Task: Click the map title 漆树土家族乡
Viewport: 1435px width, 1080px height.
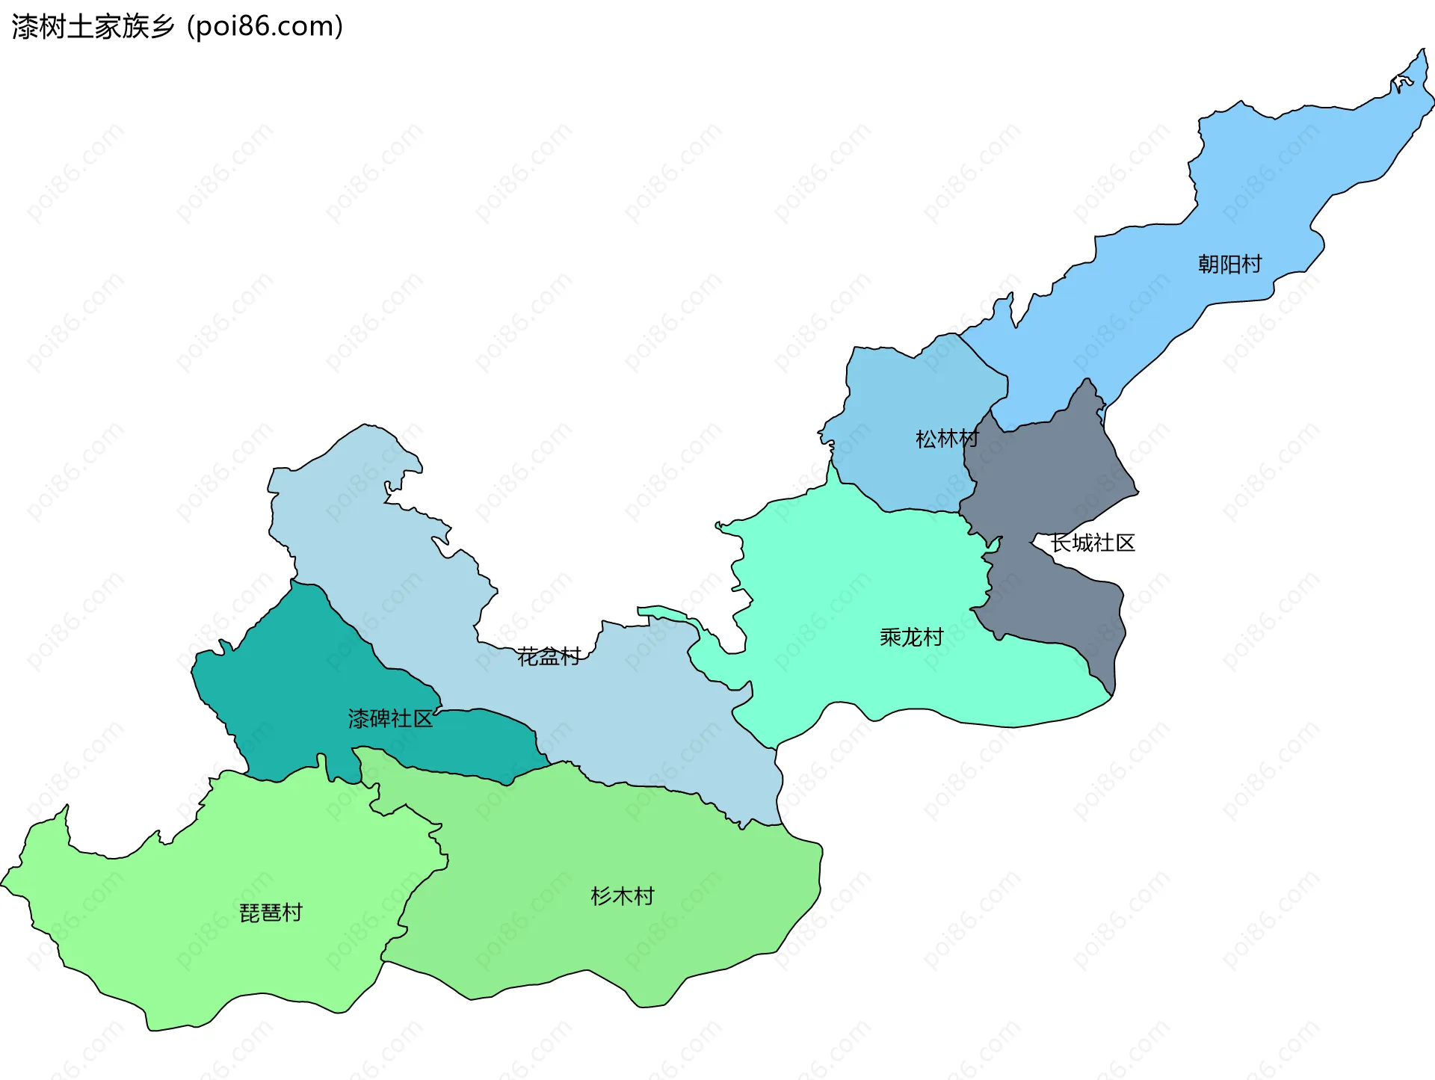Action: coord(93,26)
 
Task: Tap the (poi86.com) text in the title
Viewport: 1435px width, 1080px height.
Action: coord(265,26)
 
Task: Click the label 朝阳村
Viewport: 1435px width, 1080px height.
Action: coord(1229,264)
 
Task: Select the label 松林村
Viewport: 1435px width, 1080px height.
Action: coord(947,439)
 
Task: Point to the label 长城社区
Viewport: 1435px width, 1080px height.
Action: coord(1093,543)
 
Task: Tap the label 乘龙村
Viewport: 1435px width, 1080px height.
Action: coord(911,638)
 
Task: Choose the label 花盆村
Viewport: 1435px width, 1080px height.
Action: coord(549,657)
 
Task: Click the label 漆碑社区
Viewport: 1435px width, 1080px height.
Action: coord(390,719)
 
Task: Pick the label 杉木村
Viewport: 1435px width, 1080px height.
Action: coord(622,896)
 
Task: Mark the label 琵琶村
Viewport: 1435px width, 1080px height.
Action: coord(271,913)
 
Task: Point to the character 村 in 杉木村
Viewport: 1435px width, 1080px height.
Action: coord(644,896)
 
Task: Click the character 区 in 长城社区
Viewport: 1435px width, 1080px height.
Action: coord(1125,543)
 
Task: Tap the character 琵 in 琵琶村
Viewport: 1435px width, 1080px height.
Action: coord(250,913)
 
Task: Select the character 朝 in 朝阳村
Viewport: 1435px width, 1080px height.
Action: coord(1209,264)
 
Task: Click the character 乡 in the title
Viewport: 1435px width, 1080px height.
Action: coord(162,26)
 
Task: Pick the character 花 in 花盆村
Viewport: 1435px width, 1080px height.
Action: coord(528,657)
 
